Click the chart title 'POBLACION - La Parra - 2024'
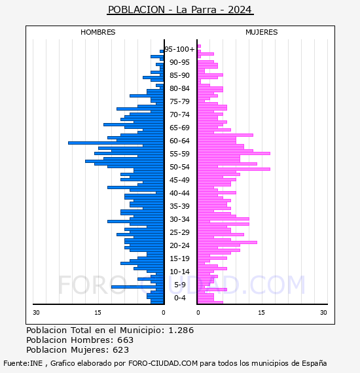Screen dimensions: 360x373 (180, 10)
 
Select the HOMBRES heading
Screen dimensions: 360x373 (98, 32)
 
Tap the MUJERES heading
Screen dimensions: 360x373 (262, 32)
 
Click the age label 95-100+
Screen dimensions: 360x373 (179, 49)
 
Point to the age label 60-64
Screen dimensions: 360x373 (179, 141)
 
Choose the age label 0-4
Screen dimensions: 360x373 (180, 298)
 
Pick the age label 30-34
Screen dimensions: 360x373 (179, 219)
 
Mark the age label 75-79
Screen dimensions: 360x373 (179, 101)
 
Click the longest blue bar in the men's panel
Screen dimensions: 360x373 (116, 143)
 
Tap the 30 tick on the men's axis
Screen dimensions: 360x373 (36, 312)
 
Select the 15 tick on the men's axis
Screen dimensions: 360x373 (98, 312)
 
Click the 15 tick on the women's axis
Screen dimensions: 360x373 (261, 312)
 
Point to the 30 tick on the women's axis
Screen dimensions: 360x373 (323, 312)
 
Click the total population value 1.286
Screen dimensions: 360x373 (181, 330)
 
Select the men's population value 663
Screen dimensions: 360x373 (126, 340)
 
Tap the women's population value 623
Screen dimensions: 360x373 (121, 349)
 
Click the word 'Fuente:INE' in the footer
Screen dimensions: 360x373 (23, 363)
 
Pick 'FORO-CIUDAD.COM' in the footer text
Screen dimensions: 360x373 (163, 363)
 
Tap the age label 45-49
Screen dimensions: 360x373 (179, 180)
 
